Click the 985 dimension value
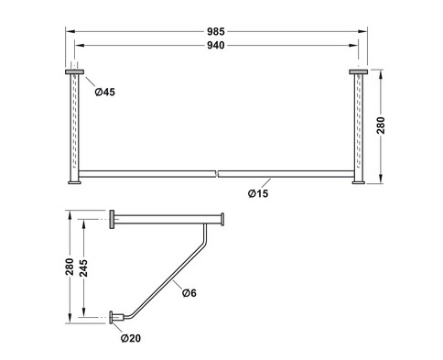(x=216, y=31)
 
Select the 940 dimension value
(x=216, y=45)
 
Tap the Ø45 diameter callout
(x=105, y=92)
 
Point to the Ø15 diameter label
(x=258, y=193)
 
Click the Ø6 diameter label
(x=189, y=293)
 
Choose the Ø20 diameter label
(x=131, y=338)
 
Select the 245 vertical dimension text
(x=83, y=268)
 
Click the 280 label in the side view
(x=70, y=267)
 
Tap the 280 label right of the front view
(x=381, y=125)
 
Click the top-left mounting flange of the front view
(x=74, y=71)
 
